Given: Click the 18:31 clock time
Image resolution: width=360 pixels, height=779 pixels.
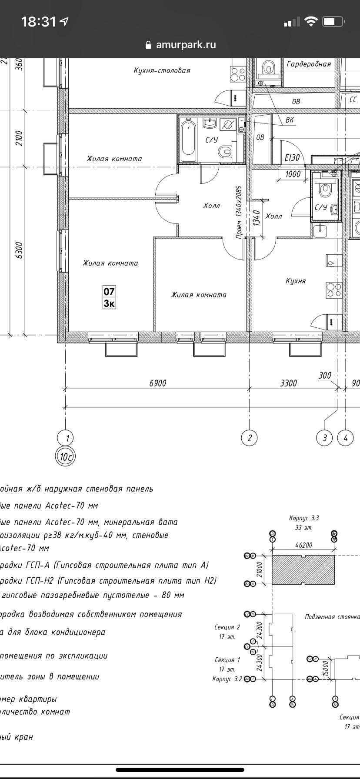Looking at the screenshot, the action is tap(39, 22).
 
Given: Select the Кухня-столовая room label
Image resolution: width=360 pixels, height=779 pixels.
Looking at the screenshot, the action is tap(162, 70).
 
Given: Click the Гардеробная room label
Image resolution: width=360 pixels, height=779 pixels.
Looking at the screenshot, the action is tap(309, 64).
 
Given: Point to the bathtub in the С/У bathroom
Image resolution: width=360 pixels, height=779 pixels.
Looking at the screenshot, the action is tap(188, 139).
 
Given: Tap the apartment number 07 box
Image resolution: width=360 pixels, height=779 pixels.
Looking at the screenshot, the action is tap(109, 291).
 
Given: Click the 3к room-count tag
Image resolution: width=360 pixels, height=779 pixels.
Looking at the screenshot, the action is tap(109, 303).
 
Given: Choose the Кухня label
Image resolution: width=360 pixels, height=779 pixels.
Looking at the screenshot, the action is tap(296, 281).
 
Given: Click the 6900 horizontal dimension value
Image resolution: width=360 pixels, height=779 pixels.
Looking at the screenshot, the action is tap(157, 383).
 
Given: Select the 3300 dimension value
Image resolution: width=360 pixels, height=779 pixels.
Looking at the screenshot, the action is tap(288, 383).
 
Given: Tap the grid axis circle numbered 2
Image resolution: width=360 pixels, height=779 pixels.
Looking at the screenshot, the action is tap(249, 438).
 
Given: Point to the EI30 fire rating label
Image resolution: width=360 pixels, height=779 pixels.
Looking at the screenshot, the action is tap(292, 158).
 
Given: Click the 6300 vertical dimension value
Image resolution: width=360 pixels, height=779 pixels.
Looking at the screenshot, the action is tap(19, 250).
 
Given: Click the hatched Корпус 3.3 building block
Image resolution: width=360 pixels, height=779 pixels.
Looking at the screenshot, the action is tap(303, 570).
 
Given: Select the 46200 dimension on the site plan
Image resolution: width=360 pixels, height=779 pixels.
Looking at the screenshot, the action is tap(303, 545).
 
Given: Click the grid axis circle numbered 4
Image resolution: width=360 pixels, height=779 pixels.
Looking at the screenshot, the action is tap(346, 438).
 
